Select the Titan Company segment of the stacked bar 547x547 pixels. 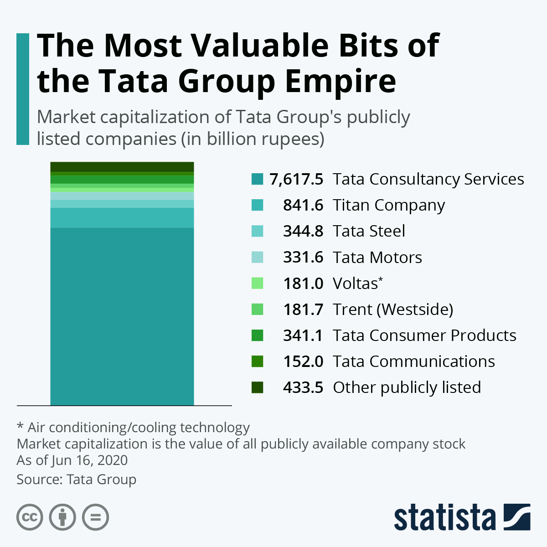coord(122,217)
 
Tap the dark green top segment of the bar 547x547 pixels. coord(122,166)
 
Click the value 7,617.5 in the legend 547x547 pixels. coord(296,179)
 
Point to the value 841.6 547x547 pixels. coord(303,205)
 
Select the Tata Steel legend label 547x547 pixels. coord(369,231)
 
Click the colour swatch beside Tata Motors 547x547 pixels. coord(257,257)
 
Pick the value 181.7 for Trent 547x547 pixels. coord(303,310)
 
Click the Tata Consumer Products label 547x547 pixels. coord(424,335)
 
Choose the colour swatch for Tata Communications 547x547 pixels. coord(257,361)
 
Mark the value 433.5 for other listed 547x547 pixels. coord(303,387)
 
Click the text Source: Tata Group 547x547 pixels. coord(77,480)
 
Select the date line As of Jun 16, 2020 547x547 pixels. coord(72,460)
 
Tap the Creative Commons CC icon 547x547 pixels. coord(30,517)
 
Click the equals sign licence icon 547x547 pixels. coord(96,517)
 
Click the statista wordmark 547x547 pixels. coord(444,517)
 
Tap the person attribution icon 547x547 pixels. coord(62,517)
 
